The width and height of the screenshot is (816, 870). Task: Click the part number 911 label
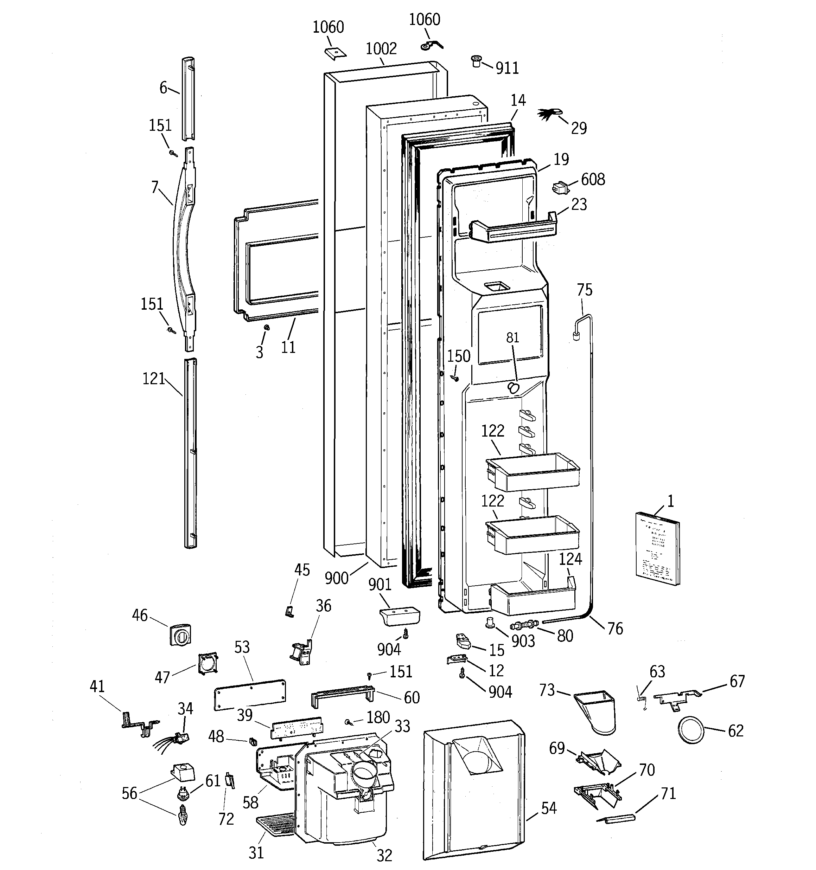pos(507,68)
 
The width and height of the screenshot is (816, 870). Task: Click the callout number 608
pos(593,179)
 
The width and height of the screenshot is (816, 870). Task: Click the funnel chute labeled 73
pos(597,711)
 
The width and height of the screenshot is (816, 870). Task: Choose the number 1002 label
pos(381,49)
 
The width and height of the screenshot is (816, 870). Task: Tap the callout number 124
pos(570,559)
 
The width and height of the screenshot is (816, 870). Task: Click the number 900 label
pos(336,579)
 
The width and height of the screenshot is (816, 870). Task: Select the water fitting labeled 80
pos(523,623)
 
